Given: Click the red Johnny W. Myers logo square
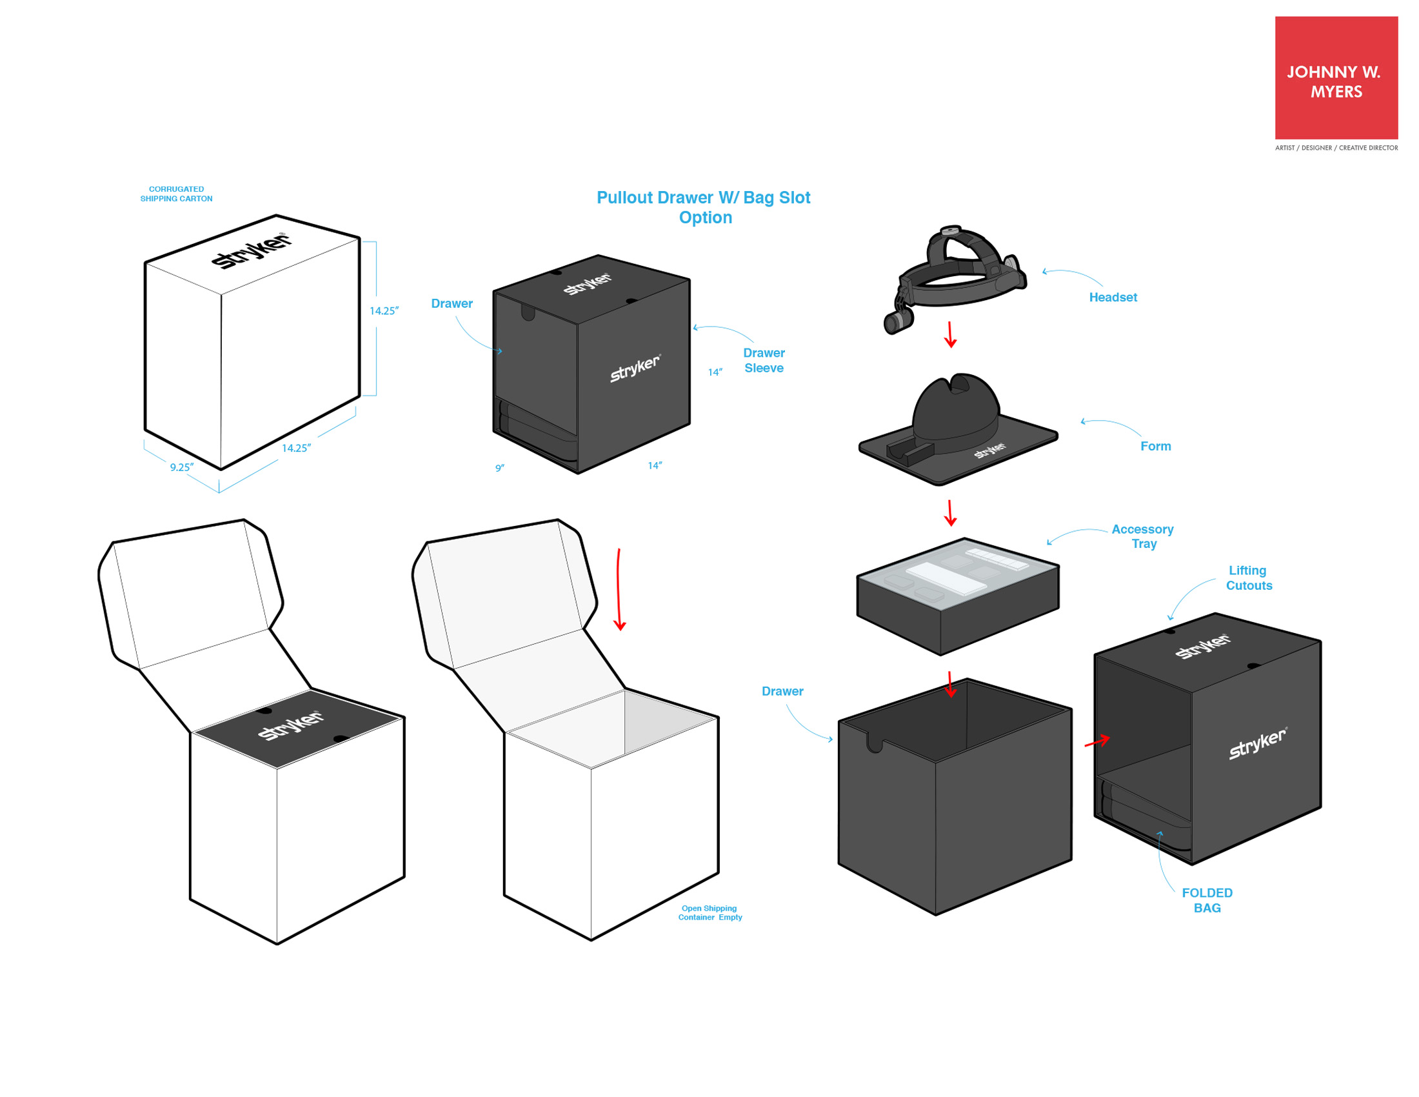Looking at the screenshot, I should point(1336,78).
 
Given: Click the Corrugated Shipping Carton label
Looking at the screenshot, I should point(176,194).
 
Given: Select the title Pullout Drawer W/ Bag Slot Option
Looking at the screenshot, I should point(704,207).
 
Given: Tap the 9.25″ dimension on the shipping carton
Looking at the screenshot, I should point(182,467).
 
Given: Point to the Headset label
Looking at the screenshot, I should point(1113,297).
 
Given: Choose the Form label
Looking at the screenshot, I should point(1155,447).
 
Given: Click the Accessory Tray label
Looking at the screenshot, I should point(1143,537).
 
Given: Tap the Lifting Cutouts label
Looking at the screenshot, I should point(1248,578).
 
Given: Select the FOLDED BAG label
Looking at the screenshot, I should point(1207,901).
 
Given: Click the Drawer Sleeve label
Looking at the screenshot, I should point(764,360).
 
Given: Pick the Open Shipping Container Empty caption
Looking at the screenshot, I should point(709,913).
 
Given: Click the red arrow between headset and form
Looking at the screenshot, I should point(950,335).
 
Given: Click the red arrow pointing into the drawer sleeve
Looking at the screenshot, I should point(1096,741).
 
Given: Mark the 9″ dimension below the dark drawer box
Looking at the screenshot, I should point(500,468).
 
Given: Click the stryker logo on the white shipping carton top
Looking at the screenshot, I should point(252,250).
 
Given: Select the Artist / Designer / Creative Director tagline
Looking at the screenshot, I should point(1336,148).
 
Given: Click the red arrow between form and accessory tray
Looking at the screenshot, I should point(950,513).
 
